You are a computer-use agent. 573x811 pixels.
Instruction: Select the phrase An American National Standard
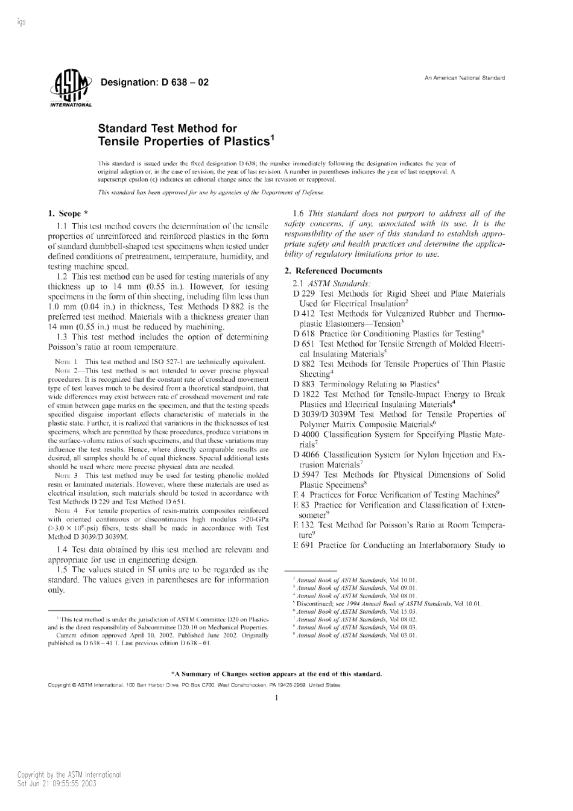[x=464, y=78]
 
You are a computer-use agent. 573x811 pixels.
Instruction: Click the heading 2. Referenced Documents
[x=333, y=271]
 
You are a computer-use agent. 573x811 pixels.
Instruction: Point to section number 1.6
[x=298, y=213]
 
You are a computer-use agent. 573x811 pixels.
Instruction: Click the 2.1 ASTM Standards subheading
[x=331, y=283]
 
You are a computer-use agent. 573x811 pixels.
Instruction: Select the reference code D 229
[x=305, y=294]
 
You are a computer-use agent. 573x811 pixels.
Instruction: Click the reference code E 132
[x=303, y=525]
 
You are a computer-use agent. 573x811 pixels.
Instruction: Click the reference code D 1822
[x=306, y=394]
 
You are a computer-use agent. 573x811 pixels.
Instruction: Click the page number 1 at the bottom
[x=276, y=698]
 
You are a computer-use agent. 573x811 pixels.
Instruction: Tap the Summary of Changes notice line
[x=276, y=674]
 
